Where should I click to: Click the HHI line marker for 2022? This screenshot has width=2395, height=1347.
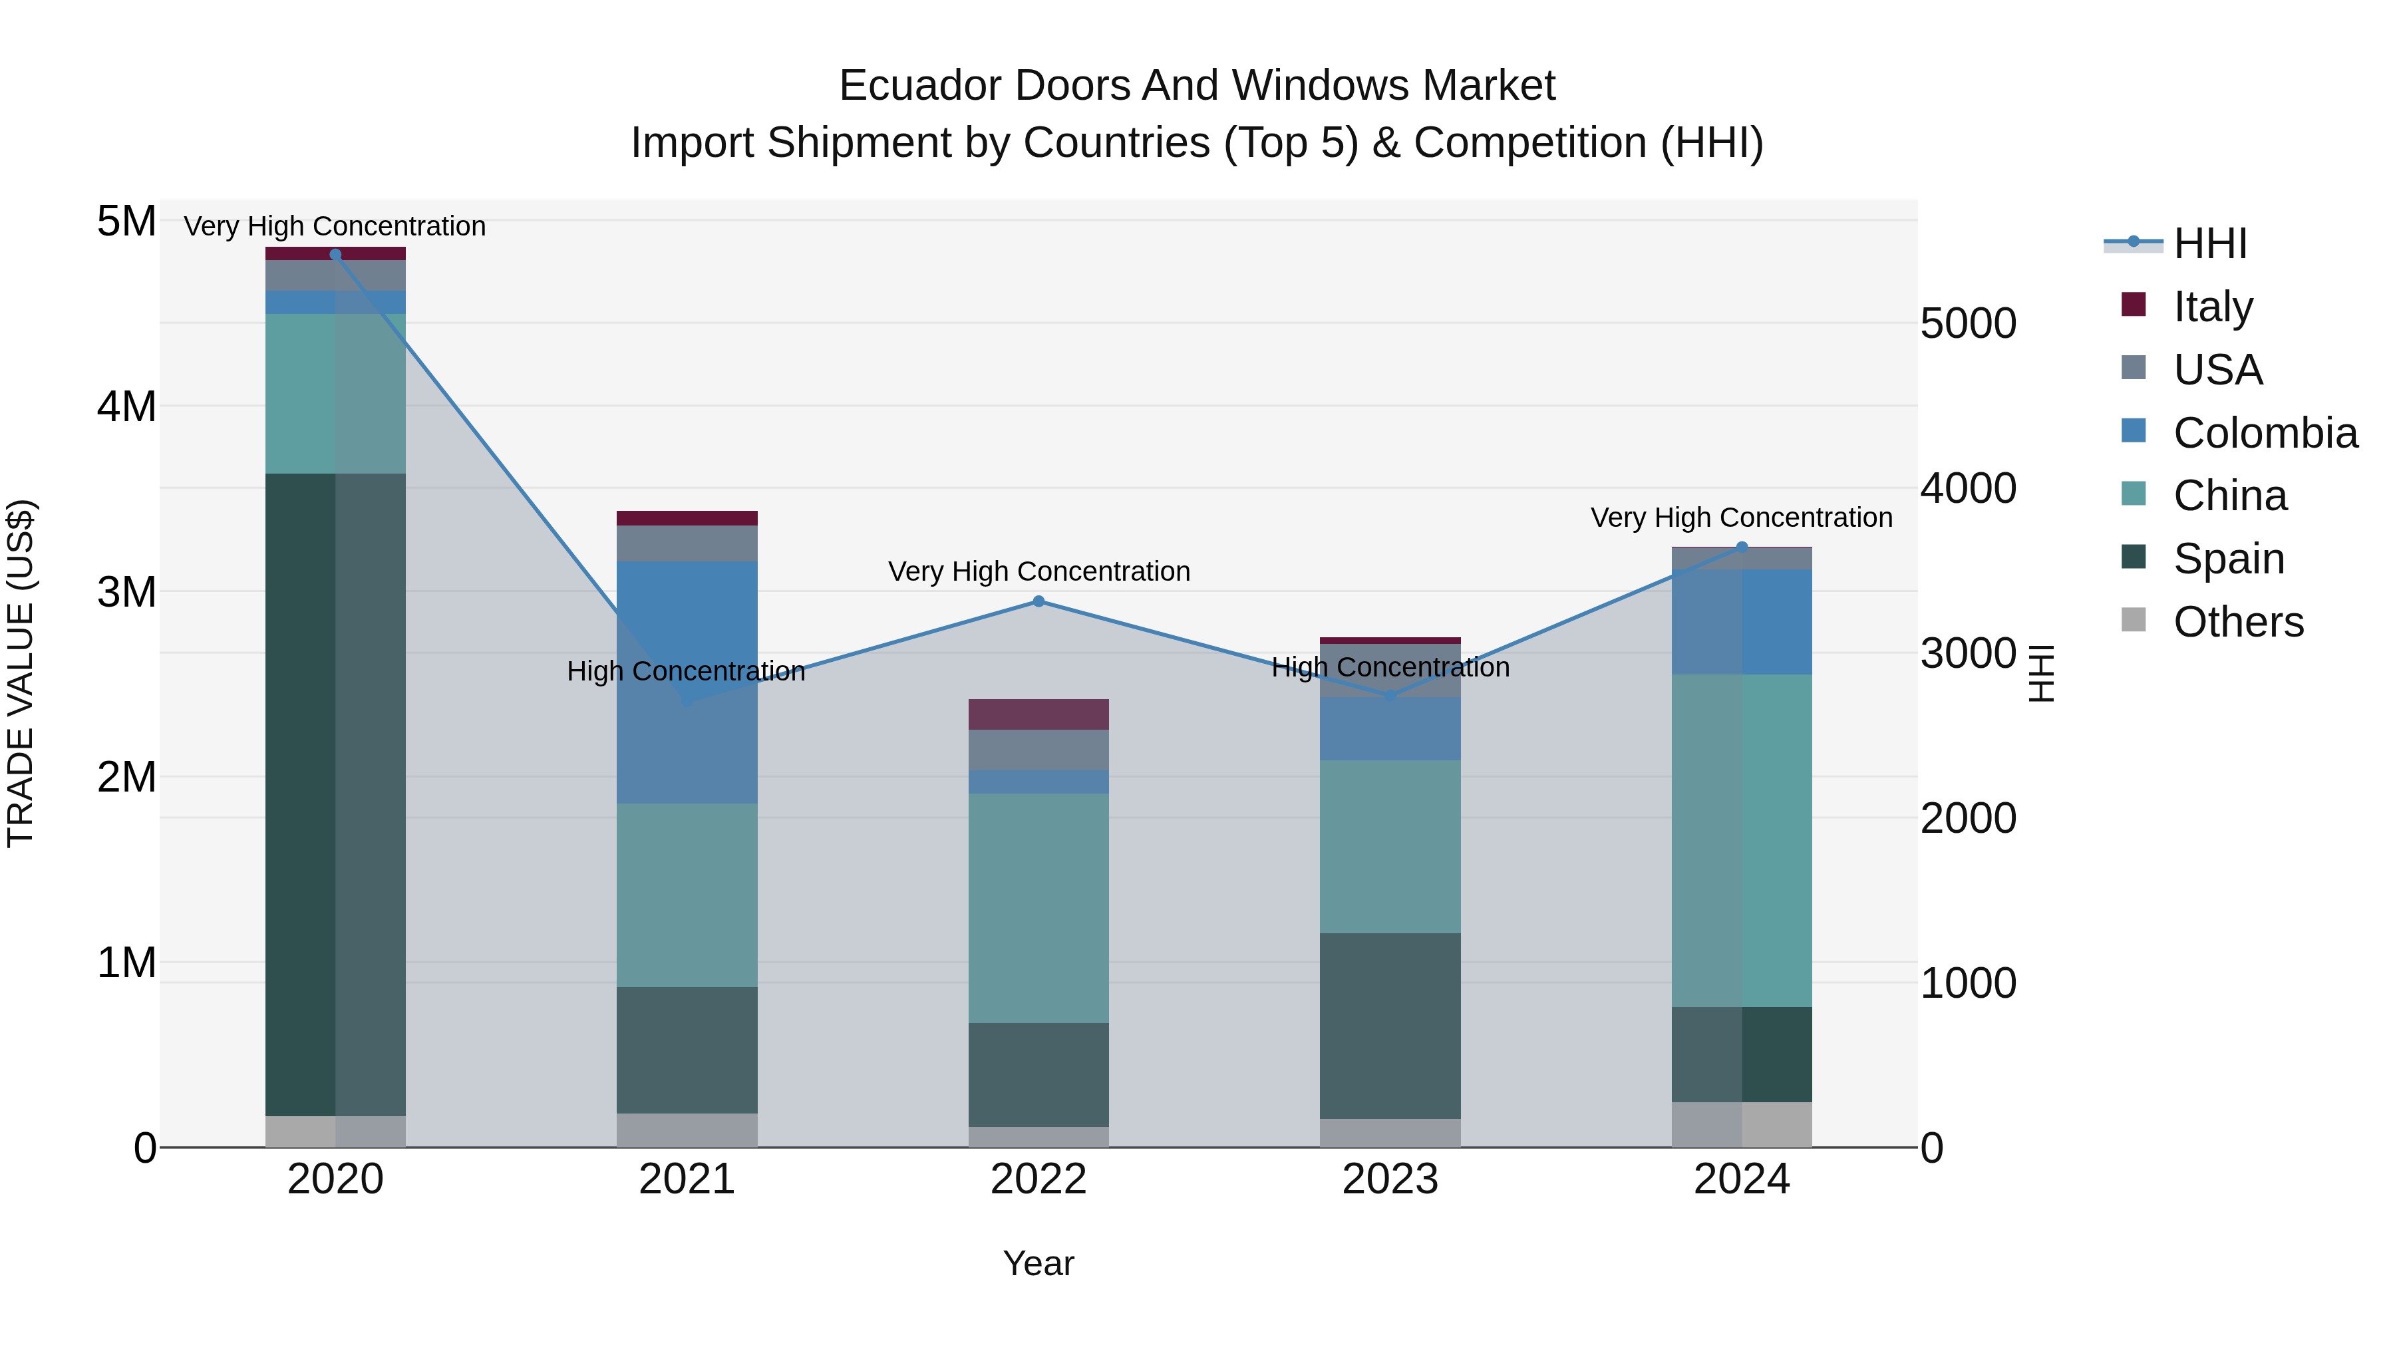1038,601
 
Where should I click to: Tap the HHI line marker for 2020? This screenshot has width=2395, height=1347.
336,255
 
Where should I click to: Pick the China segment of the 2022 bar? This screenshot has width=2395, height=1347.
1038,907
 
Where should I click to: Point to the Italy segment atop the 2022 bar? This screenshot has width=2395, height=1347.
1038,714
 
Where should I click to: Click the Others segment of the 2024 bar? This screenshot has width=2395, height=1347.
1742,1124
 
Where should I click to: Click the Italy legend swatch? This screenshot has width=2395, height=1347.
2134,305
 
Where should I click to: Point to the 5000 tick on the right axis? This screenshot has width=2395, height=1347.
1967,323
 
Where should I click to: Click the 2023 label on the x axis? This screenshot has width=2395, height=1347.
1390,1179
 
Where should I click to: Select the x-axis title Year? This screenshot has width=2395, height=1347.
1038,1263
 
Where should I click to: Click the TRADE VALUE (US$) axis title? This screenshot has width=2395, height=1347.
21,673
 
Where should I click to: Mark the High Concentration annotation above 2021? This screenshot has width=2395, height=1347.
686,671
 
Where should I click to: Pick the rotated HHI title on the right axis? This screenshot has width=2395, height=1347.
2041,673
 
